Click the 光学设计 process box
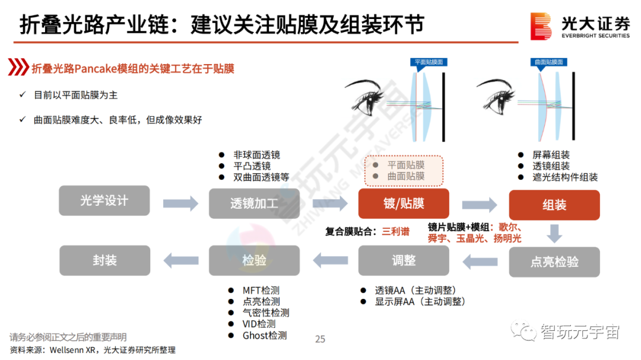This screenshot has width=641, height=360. [104, 200]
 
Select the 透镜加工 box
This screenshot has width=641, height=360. [254, 203]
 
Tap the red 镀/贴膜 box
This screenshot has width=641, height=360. [404, 203]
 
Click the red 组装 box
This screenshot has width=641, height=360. [554, 205]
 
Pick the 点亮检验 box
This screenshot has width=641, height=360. [554, 262]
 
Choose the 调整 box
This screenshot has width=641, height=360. [404, 260]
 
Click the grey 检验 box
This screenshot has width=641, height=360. [254, 260]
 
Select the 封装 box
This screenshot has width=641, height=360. [104, 260]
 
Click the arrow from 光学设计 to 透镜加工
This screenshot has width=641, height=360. [180, 203]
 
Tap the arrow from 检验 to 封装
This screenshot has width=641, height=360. [180, 259]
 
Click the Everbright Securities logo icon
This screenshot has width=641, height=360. [541, 26]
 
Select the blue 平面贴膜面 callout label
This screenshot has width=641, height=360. [428, 62]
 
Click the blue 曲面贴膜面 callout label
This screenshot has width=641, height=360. [548, 62]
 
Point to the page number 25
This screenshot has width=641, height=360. [320, 339]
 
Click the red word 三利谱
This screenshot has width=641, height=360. [395, 231]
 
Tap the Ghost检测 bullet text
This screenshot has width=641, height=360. [265, 335]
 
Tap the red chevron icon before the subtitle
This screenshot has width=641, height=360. [18, 68]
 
